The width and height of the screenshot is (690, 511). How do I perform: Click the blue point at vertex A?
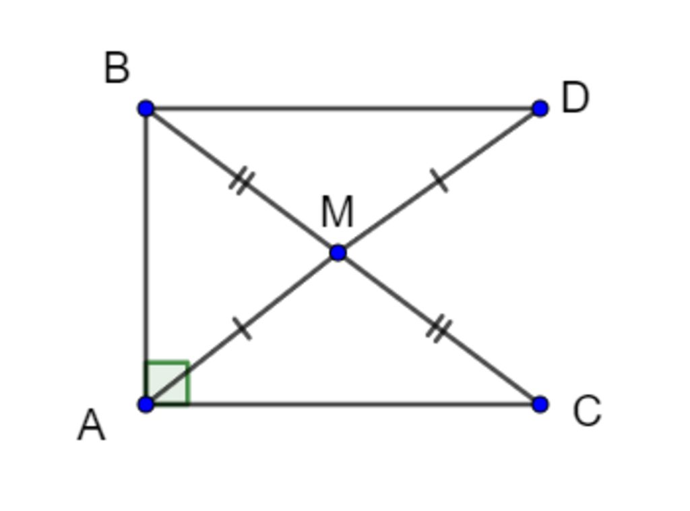[x=146, y=404]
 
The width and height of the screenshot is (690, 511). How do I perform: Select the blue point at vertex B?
[x=146, y=108]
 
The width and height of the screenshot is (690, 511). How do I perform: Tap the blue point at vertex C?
[x=540, y=404]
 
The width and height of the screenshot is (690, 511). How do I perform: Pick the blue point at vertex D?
[x=540, y=108]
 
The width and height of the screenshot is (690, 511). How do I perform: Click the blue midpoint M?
[x=338, y=253]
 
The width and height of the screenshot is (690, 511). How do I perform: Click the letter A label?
[x=92, y=426]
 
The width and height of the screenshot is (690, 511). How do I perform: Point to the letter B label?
[x=117, y=69]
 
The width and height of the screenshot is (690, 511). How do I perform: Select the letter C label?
[x=586, y=411]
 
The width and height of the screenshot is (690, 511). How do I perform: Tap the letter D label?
[x=575, y=98]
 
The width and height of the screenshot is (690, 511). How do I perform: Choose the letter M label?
[x=337, y=213]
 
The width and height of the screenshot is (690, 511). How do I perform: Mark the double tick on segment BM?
[x=241, y=181]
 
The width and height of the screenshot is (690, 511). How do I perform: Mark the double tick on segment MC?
[x=439, y=330]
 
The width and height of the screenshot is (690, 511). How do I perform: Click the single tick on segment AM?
[x=243, y=329]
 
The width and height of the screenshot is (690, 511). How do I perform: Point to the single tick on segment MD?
[x=439, y=181]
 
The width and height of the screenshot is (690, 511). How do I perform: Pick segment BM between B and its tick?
[x=192, y=143]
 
